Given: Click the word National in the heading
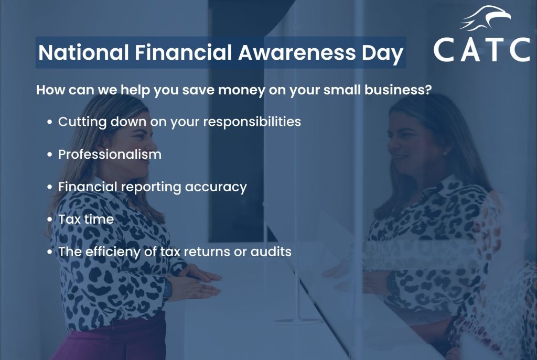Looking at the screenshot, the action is [83, 52].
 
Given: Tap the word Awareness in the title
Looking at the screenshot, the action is [297, 52].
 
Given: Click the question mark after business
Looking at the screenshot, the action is [428, 90].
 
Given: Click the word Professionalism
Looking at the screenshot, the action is [110, 155].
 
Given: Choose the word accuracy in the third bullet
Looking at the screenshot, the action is [216, 188].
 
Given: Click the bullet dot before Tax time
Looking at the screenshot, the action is [50, 220].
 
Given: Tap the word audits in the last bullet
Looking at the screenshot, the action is [271, 252].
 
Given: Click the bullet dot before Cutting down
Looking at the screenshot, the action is [50, 122].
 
